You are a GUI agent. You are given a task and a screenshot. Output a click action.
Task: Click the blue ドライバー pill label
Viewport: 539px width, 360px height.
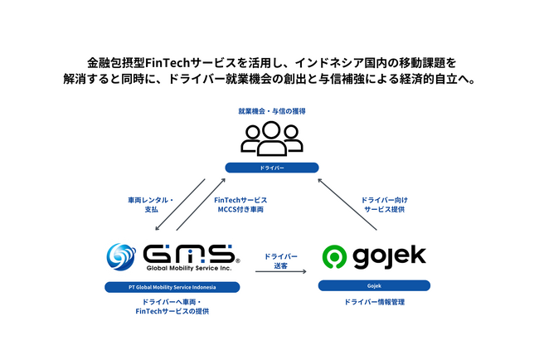pos(271,168)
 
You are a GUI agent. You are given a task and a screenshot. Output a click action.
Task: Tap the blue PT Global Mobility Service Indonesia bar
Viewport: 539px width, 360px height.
pos(172,287)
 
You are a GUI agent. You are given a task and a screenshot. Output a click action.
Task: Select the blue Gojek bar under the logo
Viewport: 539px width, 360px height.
pos(374,285)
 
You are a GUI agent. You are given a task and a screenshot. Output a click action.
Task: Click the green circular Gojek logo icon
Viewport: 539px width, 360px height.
pos(334,256)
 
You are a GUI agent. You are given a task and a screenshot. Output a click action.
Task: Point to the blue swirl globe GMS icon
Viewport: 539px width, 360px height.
pos(121,257)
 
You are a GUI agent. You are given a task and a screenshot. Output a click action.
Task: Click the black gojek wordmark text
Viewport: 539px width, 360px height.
pos(390,257)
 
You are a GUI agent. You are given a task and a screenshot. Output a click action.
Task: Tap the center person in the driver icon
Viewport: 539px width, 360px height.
pos(271,139)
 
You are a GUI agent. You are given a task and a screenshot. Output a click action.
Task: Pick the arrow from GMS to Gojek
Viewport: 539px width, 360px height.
pos(280,271)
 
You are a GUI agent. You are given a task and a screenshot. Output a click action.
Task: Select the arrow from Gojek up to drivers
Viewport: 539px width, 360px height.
pos(347,204)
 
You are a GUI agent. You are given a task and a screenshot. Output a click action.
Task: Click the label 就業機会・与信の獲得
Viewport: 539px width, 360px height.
pos(271,111)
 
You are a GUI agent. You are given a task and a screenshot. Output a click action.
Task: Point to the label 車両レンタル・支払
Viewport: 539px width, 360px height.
pos(151,205)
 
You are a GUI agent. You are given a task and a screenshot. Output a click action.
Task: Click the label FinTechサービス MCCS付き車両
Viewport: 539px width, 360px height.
pos(240,205)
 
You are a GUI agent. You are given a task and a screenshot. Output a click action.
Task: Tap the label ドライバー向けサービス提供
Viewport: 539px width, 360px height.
pos(384,205)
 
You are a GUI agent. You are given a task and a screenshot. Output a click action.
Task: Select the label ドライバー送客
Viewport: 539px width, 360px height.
pos(280,261)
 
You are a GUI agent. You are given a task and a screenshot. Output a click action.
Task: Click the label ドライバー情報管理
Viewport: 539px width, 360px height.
pos(374,302)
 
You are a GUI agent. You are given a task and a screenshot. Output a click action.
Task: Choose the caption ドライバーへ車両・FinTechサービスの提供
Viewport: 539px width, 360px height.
pos(172,306)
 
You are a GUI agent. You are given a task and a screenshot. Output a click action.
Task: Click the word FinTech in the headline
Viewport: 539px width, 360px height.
pos(168,63)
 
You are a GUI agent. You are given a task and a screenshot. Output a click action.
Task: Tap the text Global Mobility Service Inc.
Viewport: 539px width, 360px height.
pos(189,268)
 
